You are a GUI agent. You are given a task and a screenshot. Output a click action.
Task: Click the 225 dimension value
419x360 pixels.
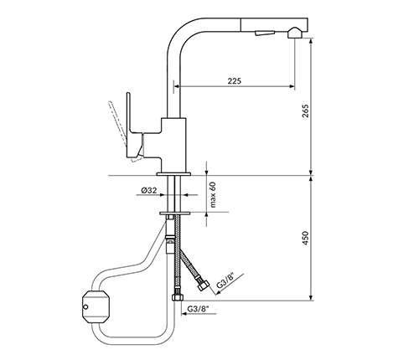234,81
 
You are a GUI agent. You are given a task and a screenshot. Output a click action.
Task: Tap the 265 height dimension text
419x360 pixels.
306,111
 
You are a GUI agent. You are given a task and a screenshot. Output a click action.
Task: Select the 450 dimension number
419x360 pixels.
305,238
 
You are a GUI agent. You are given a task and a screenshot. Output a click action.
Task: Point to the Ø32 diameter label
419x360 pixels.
149,190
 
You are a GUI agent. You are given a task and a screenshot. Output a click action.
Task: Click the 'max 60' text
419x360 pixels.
213,195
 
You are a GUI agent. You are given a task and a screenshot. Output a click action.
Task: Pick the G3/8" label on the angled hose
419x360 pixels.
226,281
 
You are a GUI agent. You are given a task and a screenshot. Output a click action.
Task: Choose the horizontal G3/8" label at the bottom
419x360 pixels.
198,309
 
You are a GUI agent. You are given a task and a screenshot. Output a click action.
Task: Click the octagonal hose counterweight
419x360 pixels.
96,307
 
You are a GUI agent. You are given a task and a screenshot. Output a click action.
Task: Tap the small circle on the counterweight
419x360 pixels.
85,307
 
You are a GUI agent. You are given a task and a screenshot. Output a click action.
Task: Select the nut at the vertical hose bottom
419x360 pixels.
178,296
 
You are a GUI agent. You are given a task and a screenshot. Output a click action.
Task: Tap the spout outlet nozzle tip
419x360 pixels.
295,33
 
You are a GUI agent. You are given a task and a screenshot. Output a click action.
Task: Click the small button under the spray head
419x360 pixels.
264,33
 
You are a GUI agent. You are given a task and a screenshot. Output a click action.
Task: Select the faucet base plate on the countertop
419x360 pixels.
173,174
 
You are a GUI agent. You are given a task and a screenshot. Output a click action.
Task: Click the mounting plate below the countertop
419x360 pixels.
175,213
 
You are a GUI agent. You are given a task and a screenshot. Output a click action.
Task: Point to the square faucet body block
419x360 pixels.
173,145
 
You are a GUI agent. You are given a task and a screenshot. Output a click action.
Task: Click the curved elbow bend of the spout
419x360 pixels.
178,35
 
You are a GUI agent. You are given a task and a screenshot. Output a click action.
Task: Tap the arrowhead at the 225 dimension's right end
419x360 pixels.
292,86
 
